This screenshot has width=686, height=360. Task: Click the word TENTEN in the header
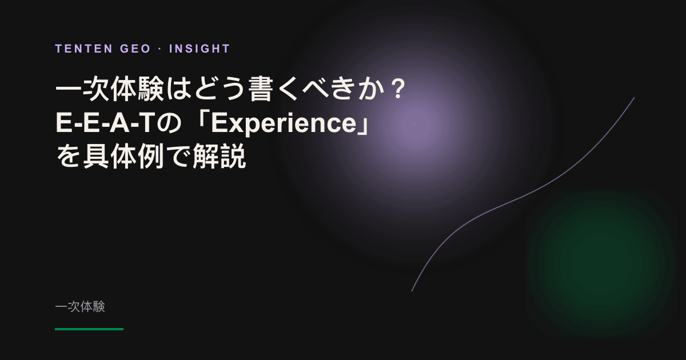pos(84,49)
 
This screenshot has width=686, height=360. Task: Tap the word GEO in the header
pos(135,49)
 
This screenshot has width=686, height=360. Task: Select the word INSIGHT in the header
pos(200,49)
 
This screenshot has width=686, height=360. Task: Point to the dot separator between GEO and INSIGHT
pos(160,49)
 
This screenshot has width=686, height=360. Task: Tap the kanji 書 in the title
pos(261,89)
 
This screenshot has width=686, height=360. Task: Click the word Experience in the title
pos(284,124)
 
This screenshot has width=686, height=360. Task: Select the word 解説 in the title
pos(220,156)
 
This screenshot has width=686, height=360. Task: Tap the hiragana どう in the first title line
pos(220,89)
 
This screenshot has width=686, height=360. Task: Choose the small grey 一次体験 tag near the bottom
pos(80,307)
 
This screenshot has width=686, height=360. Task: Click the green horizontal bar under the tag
pos(89,329)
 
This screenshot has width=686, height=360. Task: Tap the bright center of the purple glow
pos(416,125)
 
